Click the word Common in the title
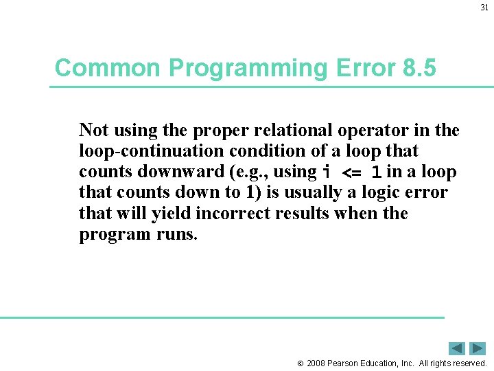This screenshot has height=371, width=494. pos(108,68)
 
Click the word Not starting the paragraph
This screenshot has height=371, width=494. pos(93,130)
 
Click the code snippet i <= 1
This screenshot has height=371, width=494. pos(352,172)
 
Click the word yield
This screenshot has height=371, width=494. pos(172,214)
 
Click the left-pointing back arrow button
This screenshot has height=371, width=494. pos(457,348)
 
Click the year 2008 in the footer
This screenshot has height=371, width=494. pos(317,363)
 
